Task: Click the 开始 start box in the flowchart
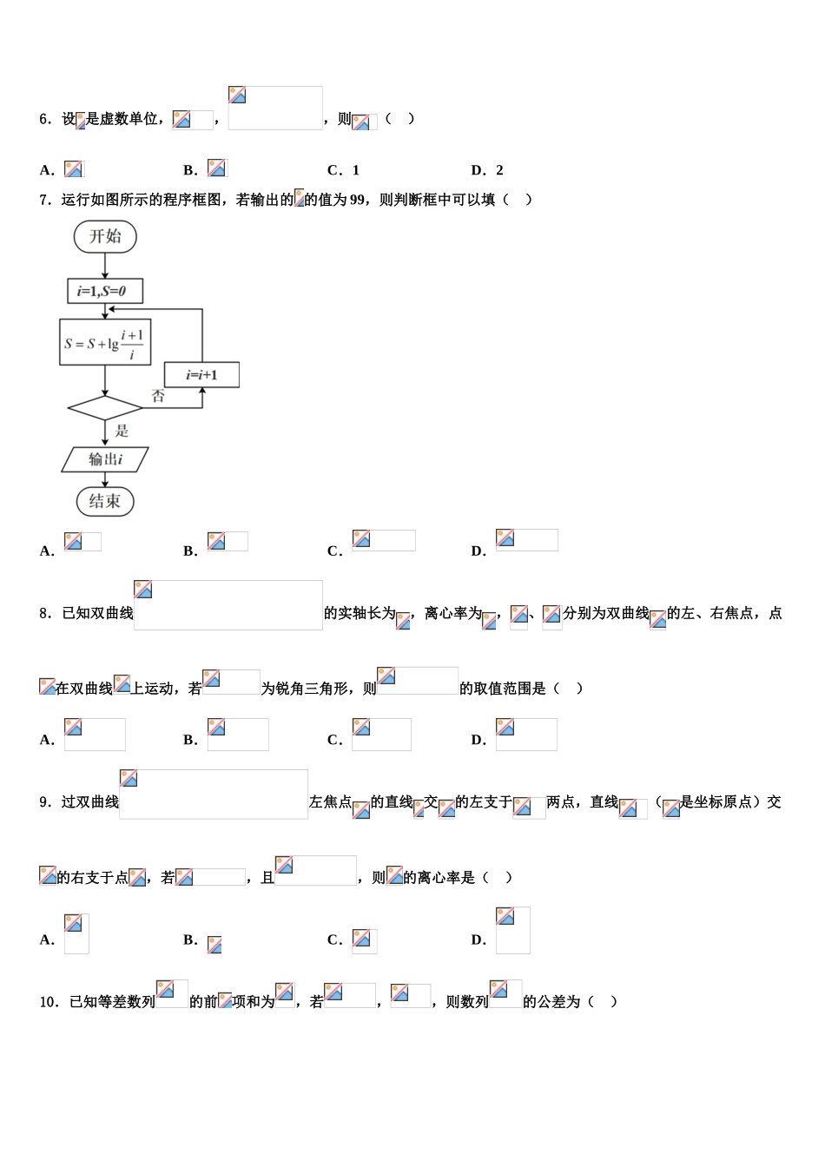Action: tap(105, 237)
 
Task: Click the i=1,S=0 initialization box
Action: tap(105, 291)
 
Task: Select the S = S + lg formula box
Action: tap(105, 343)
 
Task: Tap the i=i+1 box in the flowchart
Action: tap(201, 375)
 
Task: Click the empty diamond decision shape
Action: tap(105, 408)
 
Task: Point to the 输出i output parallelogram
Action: tap(105, 459)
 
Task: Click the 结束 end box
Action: tap(105, 501)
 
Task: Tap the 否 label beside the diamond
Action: tap(158, 397)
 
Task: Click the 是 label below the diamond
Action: tap(122, 431)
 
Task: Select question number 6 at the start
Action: tap(45, 119)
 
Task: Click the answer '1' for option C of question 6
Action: tap(355, 170)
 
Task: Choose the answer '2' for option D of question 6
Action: tap(499, 170)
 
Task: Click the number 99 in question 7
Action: tap(357, 200)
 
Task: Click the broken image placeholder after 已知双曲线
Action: tap(228, 605)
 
